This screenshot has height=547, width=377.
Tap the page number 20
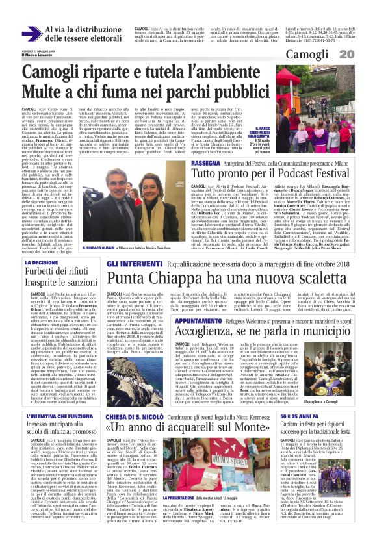(365, 54)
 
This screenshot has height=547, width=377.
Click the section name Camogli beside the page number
(328, 54)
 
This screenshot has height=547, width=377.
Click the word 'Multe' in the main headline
(43, 91)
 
